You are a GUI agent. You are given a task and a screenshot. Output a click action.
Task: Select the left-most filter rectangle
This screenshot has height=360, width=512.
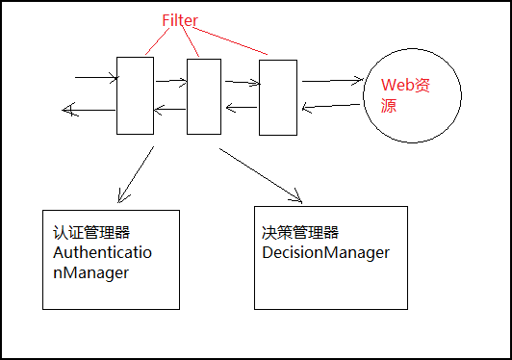tap(134, 95)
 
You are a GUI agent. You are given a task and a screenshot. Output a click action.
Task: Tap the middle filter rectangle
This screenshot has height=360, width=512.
tap(204, 96)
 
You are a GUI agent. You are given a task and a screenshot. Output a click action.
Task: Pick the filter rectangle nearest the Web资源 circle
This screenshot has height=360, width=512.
tap(277, 97)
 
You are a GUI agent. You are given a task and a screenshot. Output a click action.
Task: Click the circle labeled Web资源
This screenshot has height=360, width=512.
tap(397, 95)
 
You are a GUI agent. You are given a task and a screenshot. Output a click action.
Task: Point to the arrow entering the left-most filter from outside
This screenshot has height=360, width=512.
tap(94, 77)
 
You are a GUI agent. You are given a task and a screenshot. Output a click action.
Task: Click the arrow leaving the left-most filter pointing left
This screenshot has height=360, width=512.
tap(87, 110)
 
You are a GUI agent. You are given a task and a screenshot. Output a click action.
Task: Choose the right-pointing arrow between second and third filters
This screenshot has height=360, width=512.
tap(240, 84)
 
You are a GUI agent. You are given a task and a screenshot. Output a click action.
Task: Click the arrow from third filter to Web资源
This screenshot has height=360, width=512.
tap(329, 81)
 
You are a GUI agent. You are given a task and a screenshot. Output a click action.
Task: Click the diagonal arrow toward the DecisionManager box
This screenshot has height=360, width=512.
tap(260, 175)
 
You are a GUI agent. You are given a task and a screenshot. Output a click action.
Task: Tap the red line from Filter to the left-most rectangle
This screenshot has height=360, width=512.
tap(156, 42)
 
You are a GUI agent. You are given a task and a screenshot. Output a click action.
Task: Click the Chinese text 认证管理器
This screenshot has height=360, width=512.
tap(91, 233)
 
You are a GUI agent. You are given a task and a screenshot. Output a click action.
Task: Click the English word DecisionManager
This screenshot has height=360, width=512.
tap(325, 252)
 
